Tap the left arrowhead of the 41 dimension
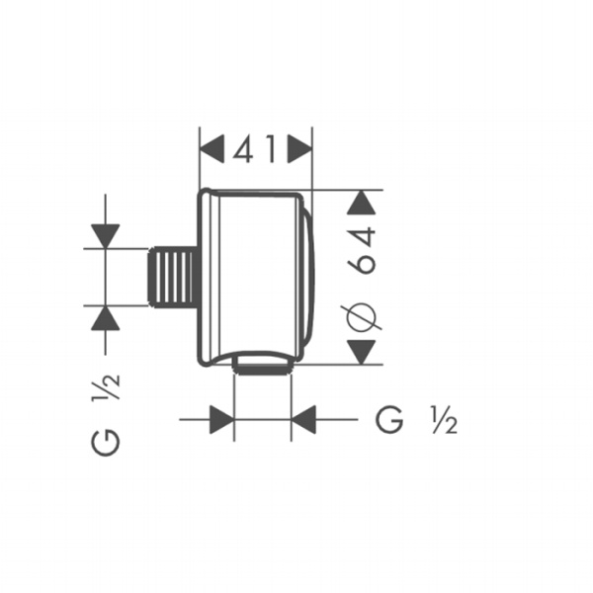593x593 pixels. point(212,149)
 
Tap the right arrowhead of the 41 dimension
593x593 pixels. point(299,149)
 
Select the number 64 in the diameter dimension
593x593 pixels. point(364,250)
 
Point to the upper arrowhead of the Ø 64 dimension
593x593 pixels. point(363,203)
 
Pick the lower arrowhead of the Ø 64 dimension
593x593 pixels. point(362,352)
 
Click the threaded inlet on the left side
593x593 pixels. point(172,276)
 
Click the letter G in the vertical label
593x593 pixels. point(106,442)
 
